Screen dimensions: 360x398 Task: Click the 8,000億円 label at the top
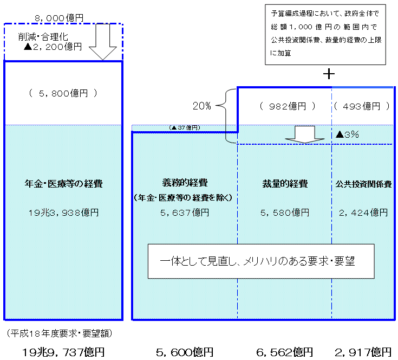[59, 18]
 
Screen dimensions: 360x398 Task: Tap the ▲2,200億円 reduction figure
[53, 47]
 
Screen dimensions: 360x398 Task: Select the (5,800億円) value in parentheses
[63, 93]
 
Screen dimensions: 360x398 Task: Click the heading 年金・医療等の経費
[63, 184]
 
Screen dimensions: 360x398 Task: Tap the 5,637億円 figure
[184, 213]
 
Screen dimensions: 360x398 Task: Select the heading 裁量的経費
[284, 184]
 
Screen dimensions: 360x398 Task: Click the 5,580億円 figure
[284, 213]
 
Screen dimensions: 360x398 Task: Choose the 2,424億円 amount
[364, 213]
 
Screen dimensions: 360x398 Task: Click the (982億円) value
[284, 106]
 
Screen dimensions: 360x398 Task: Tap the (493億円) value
[361, 106]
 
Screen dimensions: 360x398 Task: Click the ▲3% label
[347, 134]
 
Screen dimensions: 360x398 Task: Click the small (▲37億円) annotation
[185, 128]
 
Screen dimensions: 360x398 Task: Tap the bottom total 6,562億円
[284, 352]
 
